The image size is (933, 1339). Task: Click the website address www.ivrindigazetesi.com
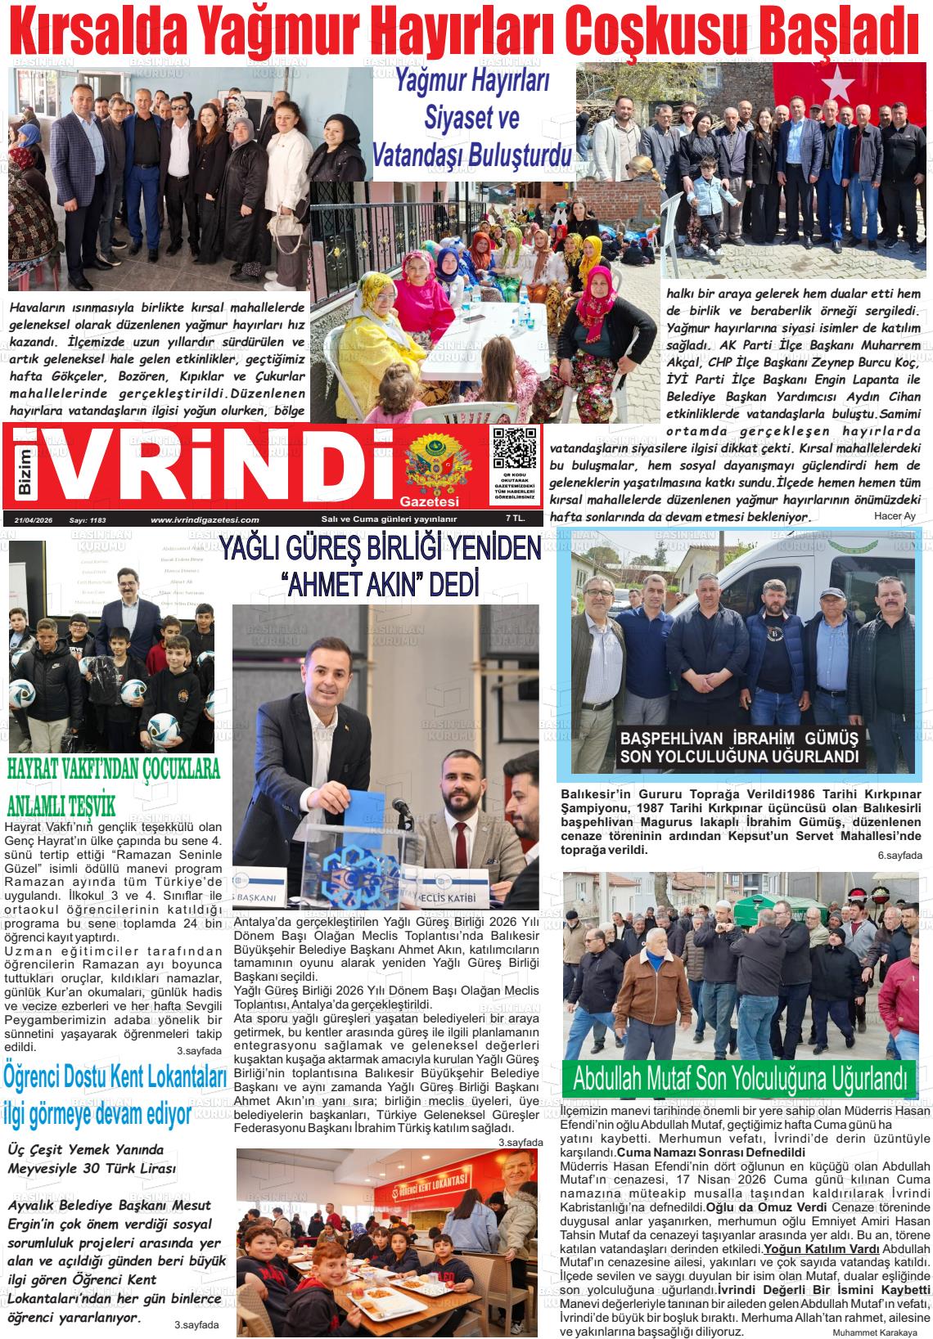[205, 519]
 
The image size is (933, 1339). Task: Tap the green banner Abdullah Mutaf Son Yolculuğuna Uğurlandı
[740, 1076]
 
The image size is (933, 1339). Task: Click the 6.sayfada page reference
[899, 856]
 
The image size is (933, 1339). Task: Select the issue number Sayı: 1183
[88, 519]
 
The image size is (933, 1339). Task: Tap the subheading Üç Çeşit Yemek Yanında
[86, 1149]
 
